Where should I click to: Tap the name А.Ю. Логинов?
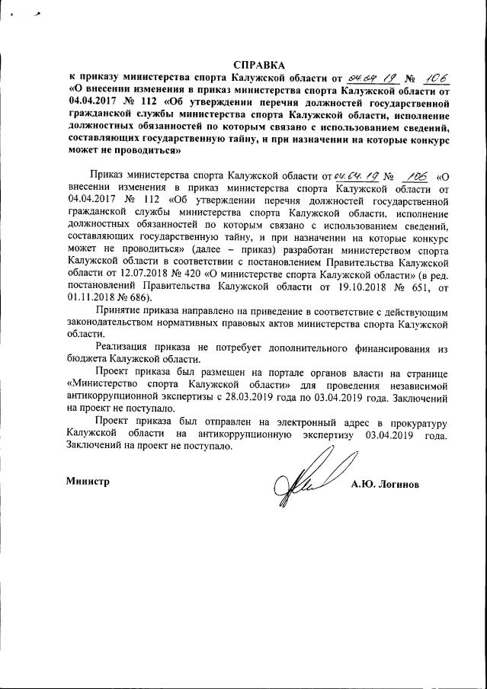385,485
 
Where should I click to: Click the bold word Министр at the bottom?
88,482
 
